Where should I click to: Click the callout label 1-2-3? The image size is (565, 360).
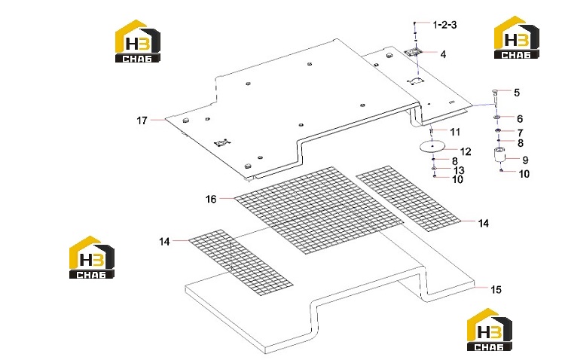(x=444, y=25)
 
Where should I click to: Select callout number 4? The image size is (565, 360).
(x=443, y=54)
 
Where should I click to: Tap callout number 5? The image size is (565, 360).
(x=517, y=93)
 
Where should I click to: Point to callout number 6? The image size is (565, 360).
(x=520, y=118)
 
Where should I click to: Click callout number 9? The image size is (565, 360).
(x=524, y=160)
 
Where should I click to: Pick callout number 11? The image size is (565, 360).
(x=456, y=132)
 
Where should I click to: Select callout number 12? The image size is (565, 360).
(x=466, y=151)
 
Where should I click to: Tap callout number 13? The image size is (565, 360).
(x=459, y=170)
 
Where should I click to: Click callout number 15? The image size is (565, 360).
(x=496, y=289)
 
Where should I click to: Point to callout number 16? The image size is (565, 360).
(x=211, y=199)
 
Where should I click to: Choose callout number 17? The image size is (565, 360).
(x=142, y=121)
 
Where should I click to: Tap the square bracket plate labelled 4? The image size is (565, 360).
(x=415, y=52)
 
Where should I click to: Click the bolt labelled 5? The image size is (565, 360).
(x=496, y=97)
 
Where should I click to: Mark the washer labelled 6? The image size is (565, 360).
(x=496, y=117)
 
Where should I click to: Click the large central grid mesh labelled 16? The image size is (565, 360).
(x=319, y=210)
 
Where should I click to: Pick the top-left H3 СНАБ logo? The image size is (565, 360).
(x=138, y=41)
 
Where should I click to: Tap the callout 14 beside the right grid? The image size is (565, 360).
(x=483, y=224)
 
